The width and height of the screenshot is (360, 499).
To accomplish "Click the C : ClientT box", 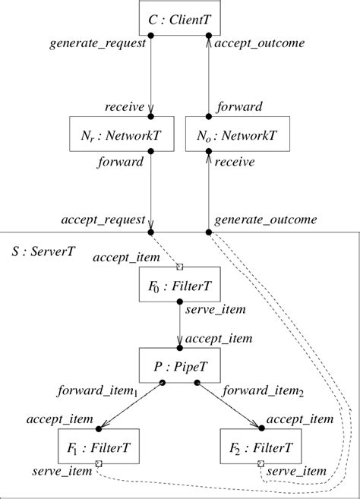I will tap(180, 17).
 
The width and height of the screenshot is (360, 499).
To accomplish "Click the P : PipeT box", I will tap(180, 366).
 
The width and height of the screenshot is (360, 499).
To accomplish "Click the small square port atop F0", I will tap(180, 267).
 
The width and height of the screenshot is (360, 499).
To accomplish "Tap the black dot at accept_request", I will tap(151, 230).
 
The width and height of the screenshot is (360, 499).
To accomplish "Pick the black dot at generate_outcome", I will tap(208, 230).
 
